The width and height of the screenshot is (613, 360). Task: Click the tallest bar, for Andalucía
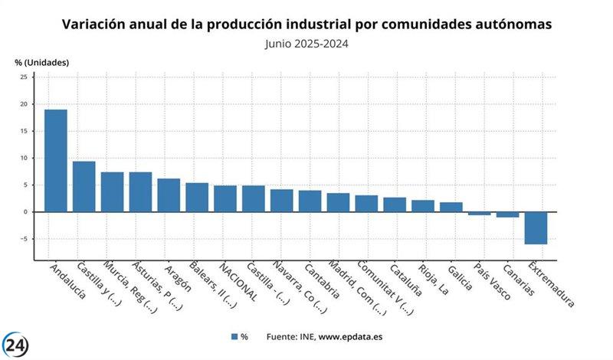coord(55,160)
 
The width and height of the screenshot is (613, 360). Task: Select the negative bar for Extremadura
coord(536,227)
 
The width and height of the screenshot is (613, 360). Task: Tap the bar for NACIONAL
coord(225,198)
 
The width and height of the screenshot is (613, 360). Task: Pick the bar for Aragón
coord(169,195)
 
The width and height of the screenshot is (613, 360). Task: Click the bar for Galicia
coord(451,207)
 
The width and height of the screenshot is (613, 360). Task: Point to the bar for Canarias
coord(507,214)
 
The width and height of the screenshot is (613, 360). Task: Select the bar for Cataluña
coord(395,205)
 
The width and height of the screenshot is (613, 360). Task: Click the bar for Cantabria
coord(310,201)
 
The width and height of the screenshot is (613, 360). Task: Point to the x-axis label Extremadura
coord(550,285)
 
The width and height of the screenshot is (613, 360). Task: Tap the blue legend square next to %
coord(234,336)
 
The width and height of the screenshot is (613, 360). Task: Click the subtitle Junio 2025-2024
coord(306,44)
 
